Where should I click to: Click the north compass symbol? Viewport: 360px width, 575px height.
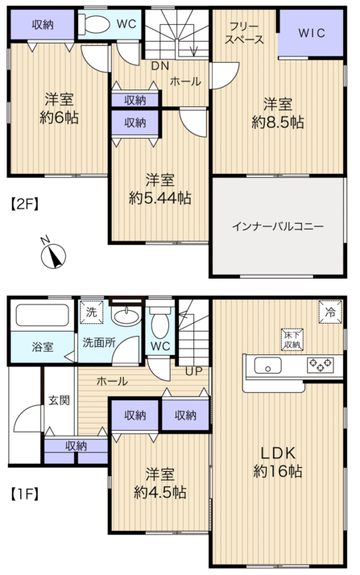point(53,254)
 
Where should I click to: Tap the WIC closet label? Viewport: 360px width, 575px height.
point(312,33)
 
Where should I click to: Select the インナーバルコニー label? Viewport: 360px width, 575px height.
point(278,226)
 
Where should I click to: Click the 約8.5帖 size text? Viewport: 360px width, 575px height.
point(278,122)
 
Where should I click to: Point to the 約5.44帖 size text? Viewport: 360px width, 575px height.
point(159,198)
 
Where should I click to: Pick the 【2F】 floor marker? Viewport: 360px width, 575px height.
point(23,205)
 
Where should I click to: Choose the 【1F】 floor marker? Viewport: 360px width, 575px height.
point(23,494)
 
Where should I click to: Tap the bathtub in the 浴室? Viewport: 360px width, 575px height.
point(42,315)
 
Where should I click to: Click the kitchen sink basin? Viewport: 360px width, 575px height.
point(267,366)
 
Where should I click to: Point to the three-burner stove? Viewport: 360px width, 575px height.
point(320,365)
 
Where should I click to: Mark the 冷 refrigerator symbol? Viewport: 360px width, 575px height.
point(330,312)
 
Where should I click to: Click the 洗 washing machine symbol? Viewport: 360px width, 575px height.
point(91,312)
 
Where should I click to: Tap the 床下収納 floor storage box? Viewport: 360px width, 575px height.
point(292,339)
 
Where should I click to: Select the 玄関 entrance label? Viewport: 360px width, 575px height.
point(59,400)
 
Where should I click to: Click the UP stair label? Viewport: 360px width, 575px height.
point(193,371)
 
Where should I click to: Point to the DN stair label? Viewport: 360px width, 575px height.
point(160,66)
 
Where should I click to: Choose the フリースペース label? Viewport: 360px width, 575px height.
point(244,33)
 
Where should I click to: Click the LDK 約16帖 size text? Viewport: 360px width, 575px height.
point(278,462)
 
